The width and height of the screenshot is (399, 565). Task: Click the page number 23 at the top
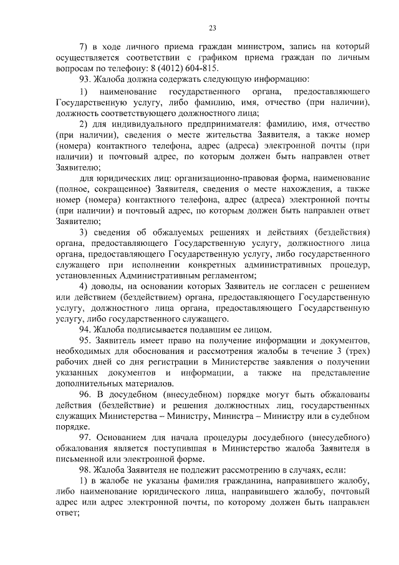(x=213, y=28)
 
